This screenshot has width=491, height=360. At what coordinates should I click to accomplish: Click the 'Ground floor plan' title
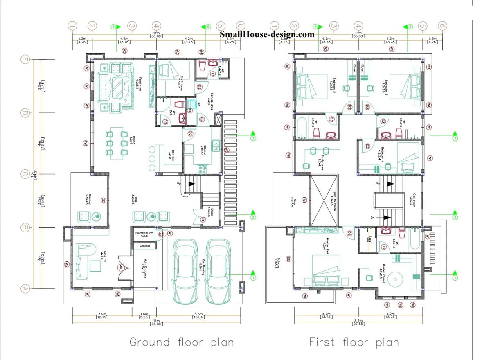(182, 342)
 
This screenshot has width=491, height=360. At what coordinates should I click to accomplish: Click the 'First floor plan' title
(354, 342)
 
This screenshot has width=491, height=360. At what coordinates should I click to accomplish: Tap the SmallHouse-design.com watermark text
(267, 34)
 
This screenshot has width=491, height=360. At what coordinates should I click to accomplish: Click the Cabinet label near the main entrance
(145, 246)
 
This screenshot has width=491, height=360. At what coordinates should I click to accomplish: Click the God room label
(412, 199)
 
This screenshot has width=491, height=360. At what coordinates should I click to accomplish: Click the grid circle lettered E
(25, 60)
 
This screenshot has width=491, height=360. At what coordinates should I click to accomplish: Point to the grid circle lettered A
(25, 289)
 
